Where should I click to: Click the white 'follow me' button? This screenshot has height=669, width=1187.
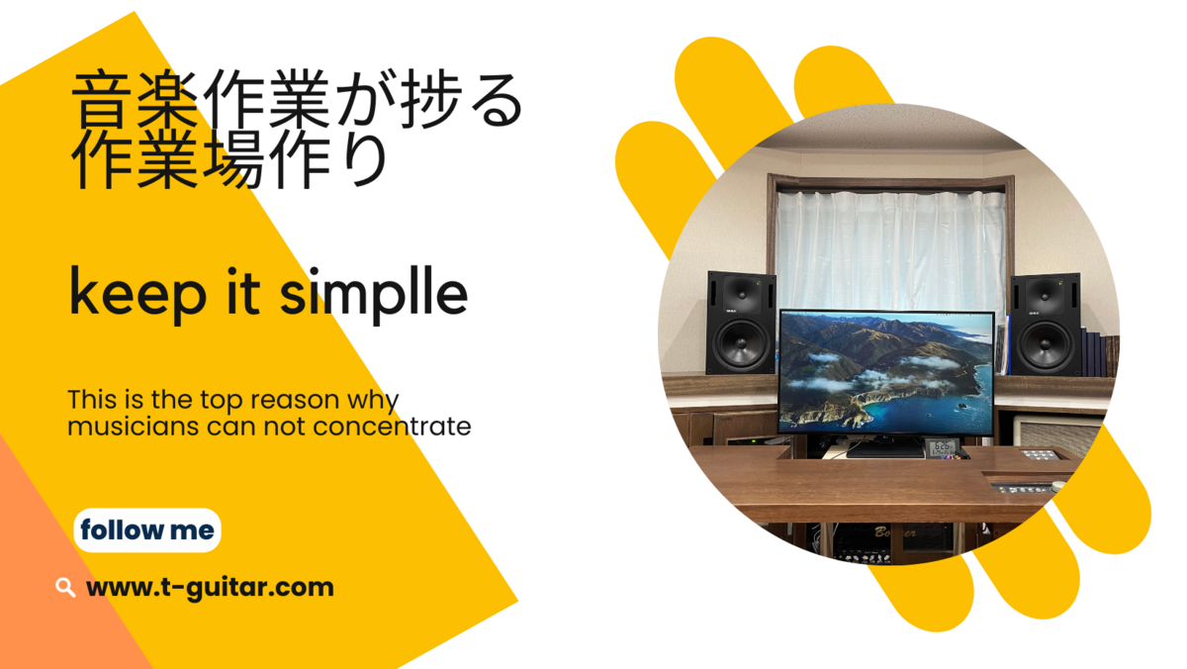point(147,530)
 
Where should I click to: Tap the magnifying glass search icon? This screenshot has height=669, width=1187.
point(65,588)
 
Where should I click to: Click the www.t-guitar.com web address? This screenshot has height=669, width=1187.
point(210,588)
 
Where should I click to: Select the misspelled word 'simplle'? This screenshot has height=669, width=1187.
point(374,294)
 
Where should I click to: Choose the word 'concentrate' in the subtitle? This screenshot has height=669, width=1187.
point(392,427)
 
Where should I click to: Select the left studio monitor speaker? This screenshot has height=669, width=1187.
point(741,324)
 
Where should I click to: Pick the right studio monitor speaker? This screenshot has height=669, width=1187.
point(1045,325)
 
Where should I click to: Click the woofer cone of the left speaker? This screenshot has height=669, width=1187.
point(741,343)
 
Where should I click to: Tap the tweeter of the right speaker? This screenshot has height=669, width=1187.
point(1046,293)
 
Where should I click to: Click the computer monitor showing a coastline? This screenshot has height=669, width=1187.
point(886,372)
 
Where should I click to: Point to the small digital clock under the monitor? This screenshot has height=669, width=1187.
point(943,447)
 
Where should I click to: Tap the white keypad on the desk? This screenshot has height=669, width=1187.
point(1040,455)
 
